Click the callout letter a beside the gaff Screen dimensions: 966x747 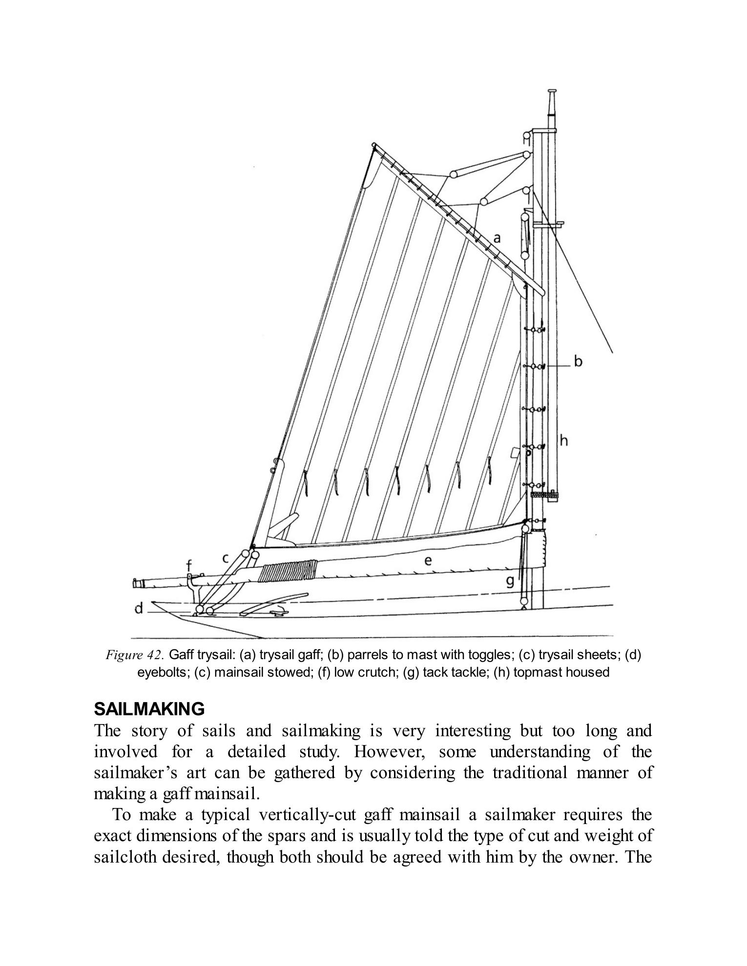(497, 238)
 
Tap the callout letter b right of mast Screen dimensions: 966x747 (578, 362)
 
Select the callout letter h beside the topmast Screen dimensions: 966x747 (564, 441)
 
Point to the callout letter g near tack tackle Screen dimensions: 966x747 (510, 582)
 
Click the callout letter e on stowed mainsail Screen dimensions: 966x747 (428, 561)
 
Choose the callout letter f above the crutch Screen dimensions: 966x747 (189, 565)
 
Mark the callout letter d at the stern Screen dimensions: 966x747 (139, 608)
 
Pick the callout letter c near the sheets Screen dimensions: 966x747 (226, 558)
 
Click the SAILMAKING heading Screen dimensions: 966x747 (149, 708)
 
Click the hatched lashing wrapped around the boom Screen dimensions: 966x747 (288, 570)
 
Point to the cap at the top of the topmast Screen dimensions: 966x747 (552, 92)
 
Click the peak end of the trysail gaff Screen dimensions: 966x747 (374, 145)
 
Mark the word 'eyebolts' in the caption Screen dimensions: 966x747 (164, 672)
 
